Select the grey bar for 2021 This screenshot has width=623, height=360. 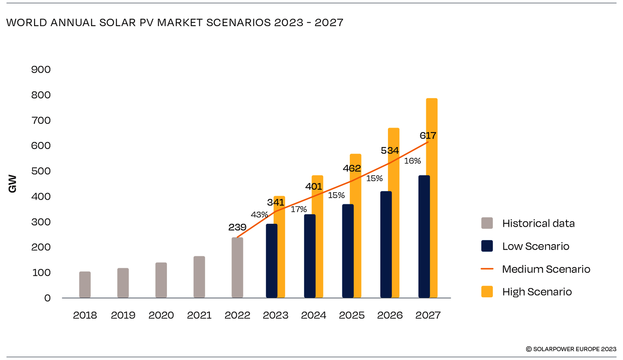[x=199, y=277]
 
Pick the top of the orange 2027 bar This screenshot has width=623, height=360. [x=432, y=100]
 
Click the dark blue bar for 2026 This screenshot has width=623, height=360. [x=386, y=245]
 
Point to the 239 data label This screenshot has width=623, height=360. [x=237, y=228]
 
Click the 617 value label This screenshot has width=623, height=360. [x=428, y=135]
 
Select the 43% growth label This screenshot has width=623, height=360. [x=259, y=215]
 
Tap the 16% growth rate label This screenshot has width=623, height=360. [x=412, y=161]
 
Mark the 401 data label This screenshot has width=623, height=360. [x=314, y=186]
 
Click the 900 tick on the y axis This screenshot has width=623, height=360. [x=41, y=69]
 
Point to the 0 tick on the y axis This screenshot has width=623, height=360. [x=47, y=298]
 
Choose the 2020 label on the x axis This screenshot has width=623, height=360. [x=161, y=315]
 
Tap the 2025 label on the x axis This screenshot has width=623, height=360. [x=352, y=315]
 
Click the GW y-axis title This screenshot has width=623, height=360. [x=12, y=184]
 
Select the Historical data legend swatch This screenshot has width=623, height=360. [x=487, y=223]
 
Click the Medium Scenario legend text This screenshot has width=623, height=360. [x=546, y=269]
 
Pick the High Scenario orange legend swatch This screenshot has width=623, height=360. [x=487, y=291]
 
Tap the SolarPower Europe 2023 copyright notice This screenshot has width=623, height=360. [x=571, y=349]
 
